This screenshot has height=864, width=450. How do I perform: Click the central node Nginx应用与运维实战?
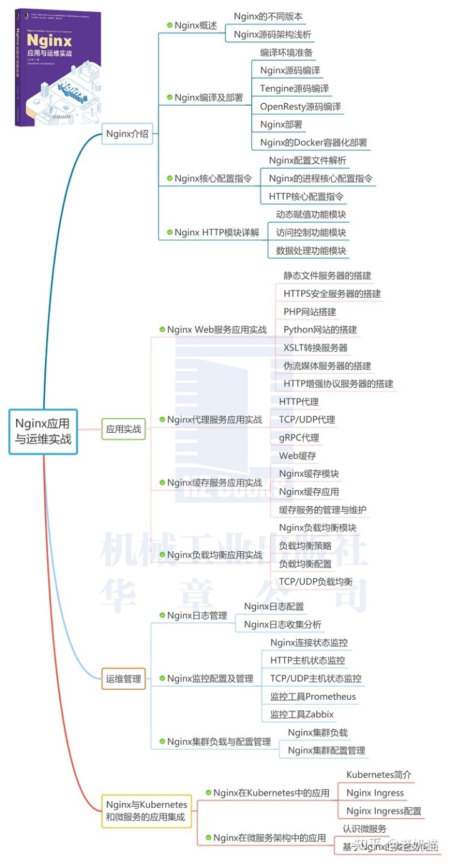click(43, 431)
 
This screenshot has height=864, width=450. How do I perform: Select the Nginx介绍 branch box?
click(127, 133)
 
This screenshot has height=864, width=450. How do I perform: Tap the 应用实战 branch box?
click(124, 429)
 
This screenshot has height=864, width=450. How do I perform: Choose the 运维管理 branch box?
click(124, 679)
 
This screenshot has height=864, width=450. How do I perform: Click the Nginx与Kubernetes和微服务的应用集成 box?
click(147, 810)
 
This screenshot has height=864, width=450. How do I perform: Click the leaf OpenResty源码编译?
click(301, 106)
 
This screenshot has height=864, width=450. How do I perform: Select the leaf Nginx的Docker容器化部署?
click(314, 142)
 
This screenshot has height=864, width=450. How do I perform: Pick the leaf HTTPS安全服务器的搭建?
click(332, 293)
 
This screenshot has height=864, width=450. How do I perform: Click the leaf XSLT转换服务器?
click(316, 347)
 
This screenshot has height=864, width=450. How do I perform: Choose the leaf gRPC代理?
click(299, 438)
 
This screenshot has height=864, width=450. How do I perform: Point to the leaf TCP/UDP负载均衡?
click(316, 582)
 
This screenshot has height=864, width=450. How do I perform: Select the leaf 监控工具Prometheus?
click(313, 697)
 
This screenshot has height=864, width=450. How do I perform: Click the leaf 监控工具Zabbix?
click(302, 714)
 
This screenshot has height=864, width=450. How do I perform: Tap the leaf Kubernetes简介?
click(379, 775)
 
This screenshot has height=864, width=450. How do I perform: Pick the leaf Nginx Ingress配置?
click(384, 811)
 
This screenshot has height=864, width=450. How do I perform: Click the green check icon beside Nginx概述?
click(169, 25)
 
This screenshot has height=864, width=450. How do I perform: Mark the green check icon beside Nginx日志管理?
click(162, 616)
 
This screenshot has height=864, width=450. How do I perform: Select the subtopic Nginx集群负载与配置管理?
click(219, 742)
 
